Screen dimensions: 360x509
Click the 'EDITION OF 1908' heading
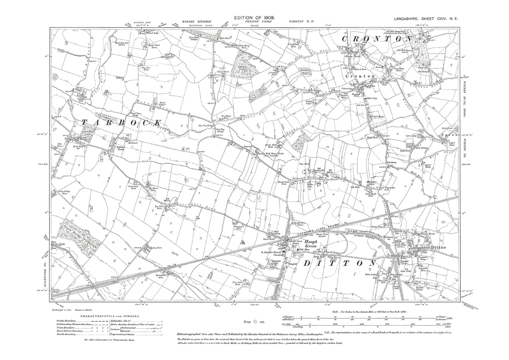254,17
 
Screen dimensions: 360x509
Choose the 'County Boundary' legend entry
67,321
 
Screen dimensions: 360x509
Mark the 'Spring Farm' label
152,247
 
